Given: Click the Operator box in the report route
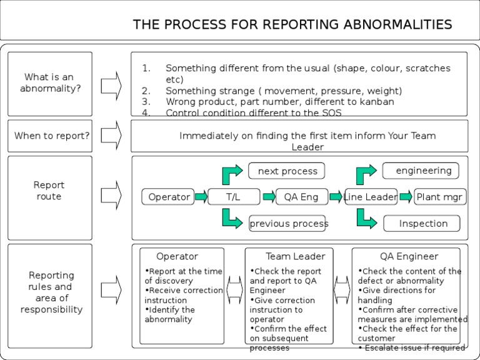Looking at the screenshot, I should pos(169,197).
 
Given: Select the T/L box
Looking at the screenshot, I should pos(233,197).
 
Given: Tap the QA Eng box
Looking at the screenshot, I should pos(301,197).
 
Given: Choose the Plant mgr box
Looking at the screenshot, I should pos(440,197).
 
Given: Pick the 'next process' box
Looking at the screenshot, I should pos(287,171).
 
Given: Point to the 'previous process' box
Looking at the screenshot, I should pos(287,223).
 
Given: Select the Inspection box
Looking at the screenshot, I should pos(423,223).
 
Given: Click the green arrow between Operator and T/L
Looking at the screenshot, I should pos(201,197).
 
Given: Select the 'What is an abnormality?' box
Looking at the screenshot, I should pos(50,83).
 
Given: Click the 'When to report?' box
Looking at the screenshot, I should pos(52,136).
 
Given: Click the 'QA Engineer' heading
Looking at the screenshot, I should pos(409,256).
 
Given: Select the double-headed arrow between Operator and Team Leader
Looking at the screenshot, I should pos(234,290).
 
